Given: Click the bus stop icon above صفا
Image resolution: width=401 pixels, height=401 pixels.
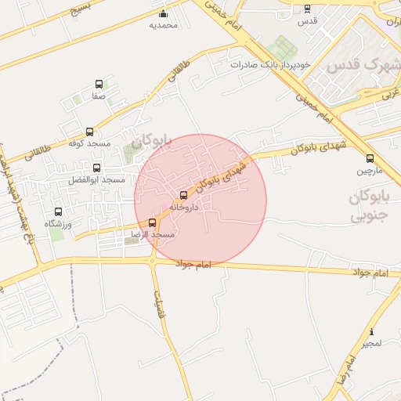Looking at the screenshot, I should (99, 84).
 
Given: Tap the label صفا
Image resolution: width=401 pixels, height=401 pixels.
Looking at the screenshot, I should (99, 96).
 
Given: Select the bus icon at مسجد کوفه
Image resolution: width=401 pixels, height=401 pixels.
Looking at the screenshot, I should (89, 132).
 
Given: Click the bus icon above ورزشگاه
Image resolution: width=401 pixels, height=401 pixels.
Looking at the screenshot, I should (58, 211).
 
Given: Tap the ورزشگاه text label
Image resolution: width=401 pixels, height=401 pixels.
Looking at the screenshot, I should (58, 224).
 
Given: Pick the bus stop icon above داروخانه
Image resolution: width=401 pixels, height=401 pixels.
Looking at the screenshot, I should (184, 195).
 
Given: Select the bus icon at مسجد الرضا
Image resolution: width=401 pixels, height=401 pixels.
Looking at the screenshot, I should (153, 222).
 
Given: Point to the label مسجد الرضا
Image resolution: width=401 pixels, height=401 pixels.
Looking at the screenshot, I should (153, 234).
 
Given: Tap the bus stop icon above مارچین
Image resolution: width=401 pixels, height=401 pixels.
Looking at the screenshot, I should (370, 158).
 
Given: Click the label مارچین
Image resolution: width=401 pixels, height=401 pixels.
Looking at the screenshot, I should (370, 170).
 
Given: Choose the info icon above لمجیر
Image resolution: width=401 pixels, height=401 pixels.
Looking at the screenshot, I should (371, 332).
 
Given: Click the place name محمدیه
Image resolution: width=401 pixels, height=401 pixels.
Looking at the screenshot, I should (163, 25).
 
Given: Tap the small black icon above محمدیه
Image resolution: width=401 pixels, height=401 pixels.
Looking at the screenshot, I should (163, 13).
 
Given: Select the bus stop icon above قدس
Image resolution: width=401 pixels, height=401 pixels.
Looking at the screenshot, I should (307, 9).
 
